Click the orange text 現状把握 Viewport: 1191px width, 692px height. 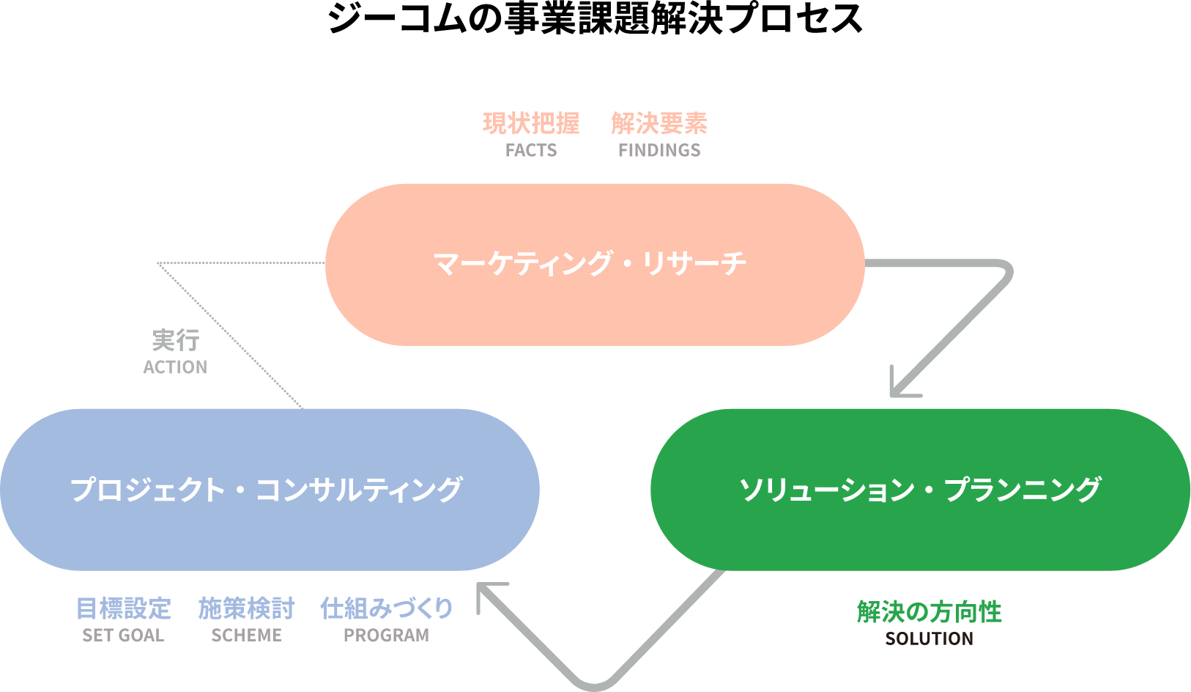tap(531, 123)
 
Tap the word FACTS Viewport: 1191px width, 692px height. tap(531, 150)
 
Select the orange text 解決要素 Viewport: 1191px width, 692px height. tap(659, 123)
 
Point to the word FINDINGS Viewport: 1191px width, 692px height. tap(659, 150)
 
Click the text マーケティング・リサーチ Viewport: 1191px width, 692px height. tap(590, 264)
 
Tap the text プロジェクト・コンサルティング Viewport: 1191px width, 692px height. tap(266, 490)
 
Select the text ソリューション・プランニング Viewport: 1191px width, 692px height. tap(920, 490)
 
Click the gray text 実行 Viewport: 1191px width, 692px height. tap(175, 340)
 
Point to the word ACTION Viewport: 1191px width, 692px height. tap(175, 367)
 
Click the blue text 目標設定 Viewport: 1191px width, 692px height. tap(123, 608)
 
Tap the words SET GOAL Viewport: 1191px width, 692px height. tap(123, 636)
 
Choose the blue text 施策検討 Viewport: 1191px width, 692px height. tap(246, 608)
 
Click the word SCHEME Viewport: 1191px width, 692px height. tap(246, 636)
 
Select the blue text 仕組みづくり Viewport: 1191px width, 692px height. tap(387, 608)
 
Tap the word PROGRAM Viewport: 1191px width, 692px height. tap(387, 636)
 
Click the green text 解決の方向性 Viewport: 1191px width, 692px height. tap(929, 611)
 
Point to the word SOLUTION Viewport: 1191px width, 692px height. tap(929, 638)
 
